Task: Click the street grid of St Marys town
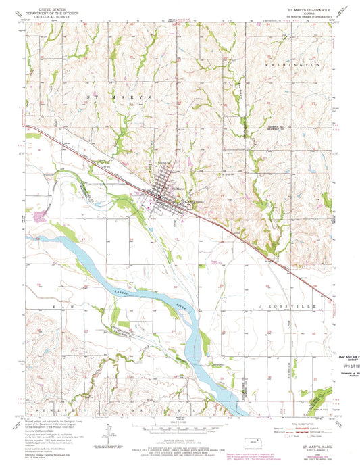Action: [x=164, y=191]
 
